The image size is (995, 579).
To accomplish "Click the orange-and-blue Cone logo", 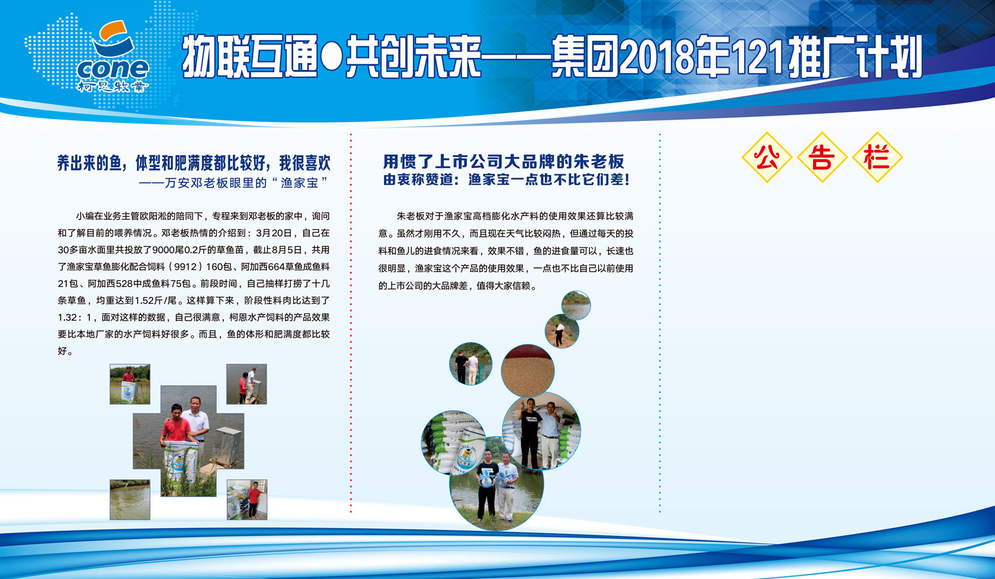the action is click(x=113, y=56).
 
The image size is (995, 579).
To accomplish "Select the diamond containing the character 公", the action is click(x=767, y=158).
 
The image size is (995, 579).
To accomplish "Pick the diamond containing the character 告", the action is click(x=822, y=158).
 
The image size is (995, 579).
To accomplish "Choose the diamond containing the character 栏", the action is click(x=877, y=158).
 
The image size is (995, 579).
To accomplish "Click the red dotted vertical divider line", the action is click(x=351, y=323).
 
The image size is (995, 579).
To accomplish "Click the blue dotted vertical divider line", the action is click(x=660, y=323).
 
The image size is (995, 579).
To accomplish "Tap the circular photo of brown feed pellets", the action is click(x=527, y=371).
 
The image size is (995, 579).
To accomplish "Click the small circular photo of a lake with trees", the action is click(x=576, y=306).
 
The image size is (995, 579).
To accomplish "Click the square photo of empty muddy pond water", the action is click(x=130, y=499).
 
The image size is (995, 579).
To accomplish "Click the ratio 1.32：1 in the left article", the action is click(x=74, y=318).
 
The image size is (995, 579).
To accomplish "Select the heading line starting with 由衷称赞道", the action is click(x=506, y=179).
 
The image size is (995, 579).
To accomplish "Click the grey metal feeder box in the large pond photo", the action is click(x=230, y=447).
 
